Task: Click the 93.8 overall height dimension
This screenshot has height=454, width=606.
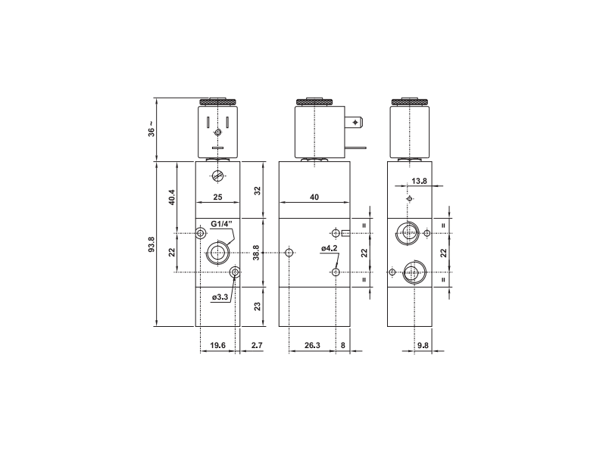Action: tap(151, 245)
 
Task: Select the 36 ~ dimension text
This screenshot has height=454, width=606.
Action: tap(151, 129)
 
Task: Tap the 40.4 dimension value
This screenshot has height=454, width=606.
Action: tap(172, 197)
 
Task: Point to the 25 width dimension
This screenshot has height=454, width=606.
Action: tap(218, 197)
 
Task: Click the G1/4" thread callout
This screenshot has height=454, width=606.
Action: tap(222, 224)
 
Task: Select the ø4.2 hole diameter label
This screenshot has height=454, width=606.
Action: tap(329, 248)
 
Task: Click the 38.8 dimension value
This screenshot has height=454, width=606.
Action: tap(258, 253)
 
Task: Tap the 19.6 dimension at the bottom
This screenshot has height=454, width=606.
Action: tap(218, 346)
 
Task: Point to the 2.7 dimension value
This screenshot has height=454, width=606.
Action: tap(256, 346)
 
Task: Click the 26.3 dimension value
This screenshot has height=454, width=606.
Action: tap(311, 346)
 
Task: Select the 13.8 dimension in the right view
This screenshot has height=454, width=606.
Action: tap(419, 182)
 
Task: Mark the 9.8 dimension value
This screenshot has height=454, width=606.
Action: tap(423, 346)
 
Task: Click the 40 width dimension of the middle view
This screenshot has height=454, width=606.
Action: tap(314, 197)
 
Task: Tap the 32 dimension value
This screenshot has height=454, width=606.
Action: tap(258, 190)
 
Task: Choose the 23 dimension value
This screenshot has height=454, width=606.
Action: tap(258, 306)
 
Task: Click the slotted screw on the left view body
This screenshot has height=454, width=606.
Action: tap(218, 178)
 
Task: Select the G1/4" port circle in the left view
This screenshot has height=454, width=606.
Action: tap(218, 252)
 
